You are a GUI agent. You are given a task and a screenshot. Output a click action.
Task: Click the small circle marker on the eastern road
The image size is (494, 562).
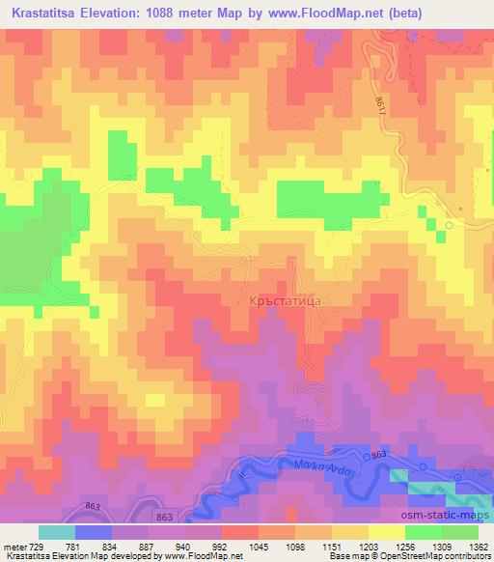coord(450,225)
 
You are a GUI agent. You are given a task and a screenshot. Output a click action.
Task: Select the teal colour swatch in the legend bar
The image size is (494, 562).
coord(57,532)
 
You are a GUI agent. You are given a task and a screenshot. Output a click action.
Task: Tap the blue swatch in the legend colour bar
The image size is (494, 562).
coord(94,532)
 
